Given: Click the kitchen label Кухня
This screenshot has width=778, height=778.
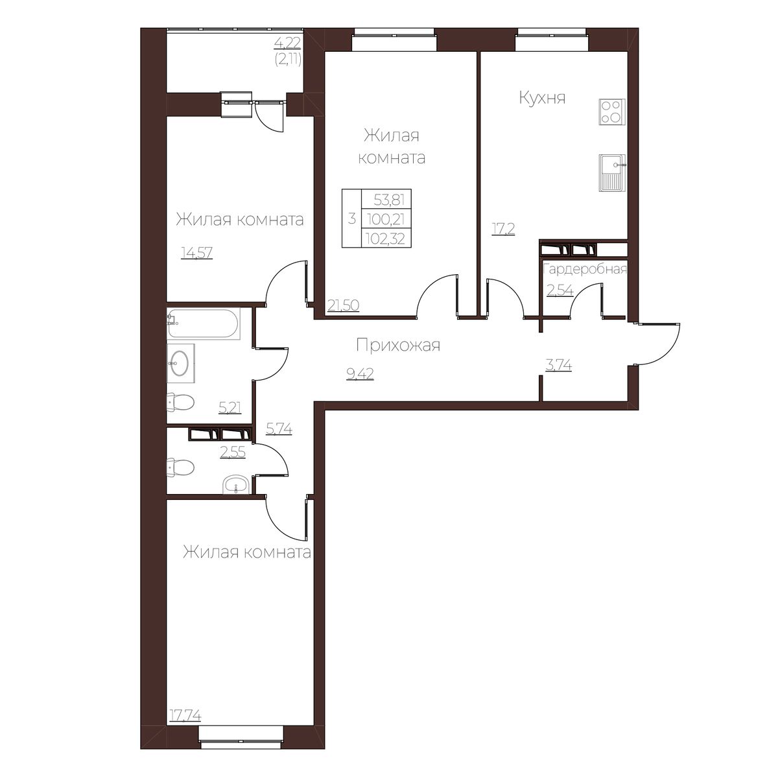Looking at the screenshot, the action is [542, 98].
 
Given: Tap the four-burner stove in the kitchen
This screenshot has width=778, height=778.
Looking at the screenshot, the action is [612, 112].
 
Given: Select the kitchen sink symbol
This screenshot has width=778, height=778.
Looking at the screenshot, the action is [612, 173].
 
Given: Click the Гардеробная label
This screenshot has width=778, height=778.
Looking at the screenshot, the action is [585, 269].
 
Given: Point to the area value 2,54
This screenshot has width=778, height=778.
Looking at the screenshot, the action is [560, 290].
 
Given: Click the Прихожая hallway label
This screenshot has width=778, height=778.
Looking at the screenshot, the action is [397, 346].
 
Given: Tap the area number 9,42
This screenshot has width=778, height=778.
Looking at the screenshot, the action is [360, 374].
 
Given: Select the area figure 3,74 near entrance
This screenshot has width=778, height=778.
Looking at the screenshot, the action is [558, 366].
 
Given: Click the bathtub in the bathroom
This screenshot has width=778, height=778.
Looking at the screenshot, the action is [204, 323].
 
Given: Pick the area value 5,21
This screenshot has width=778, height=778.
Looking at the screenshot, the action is [230, 408].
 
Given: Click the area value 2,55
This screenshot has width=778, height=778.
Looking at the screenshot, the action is [233, 453].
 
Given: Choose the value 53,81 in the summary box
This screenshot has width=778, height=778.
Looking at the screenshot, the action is [389, 200].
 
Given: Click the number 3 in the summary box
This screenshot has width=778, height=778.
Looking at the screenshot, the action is [351, 219].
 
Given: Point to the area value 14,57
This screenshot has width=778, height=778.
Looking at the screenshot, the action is [196, 253].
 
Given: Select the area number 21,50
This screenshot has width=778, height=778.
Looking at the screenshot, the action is [343, 305].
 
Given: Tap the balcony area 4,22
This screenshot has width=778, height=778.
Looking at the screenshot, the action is [287, 42].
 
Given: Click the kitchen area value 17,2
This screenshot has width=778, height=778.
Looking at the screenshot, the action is [502, 230].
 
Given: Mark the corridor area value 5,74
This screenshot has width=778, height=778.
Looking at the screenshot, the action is [279, 429].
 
